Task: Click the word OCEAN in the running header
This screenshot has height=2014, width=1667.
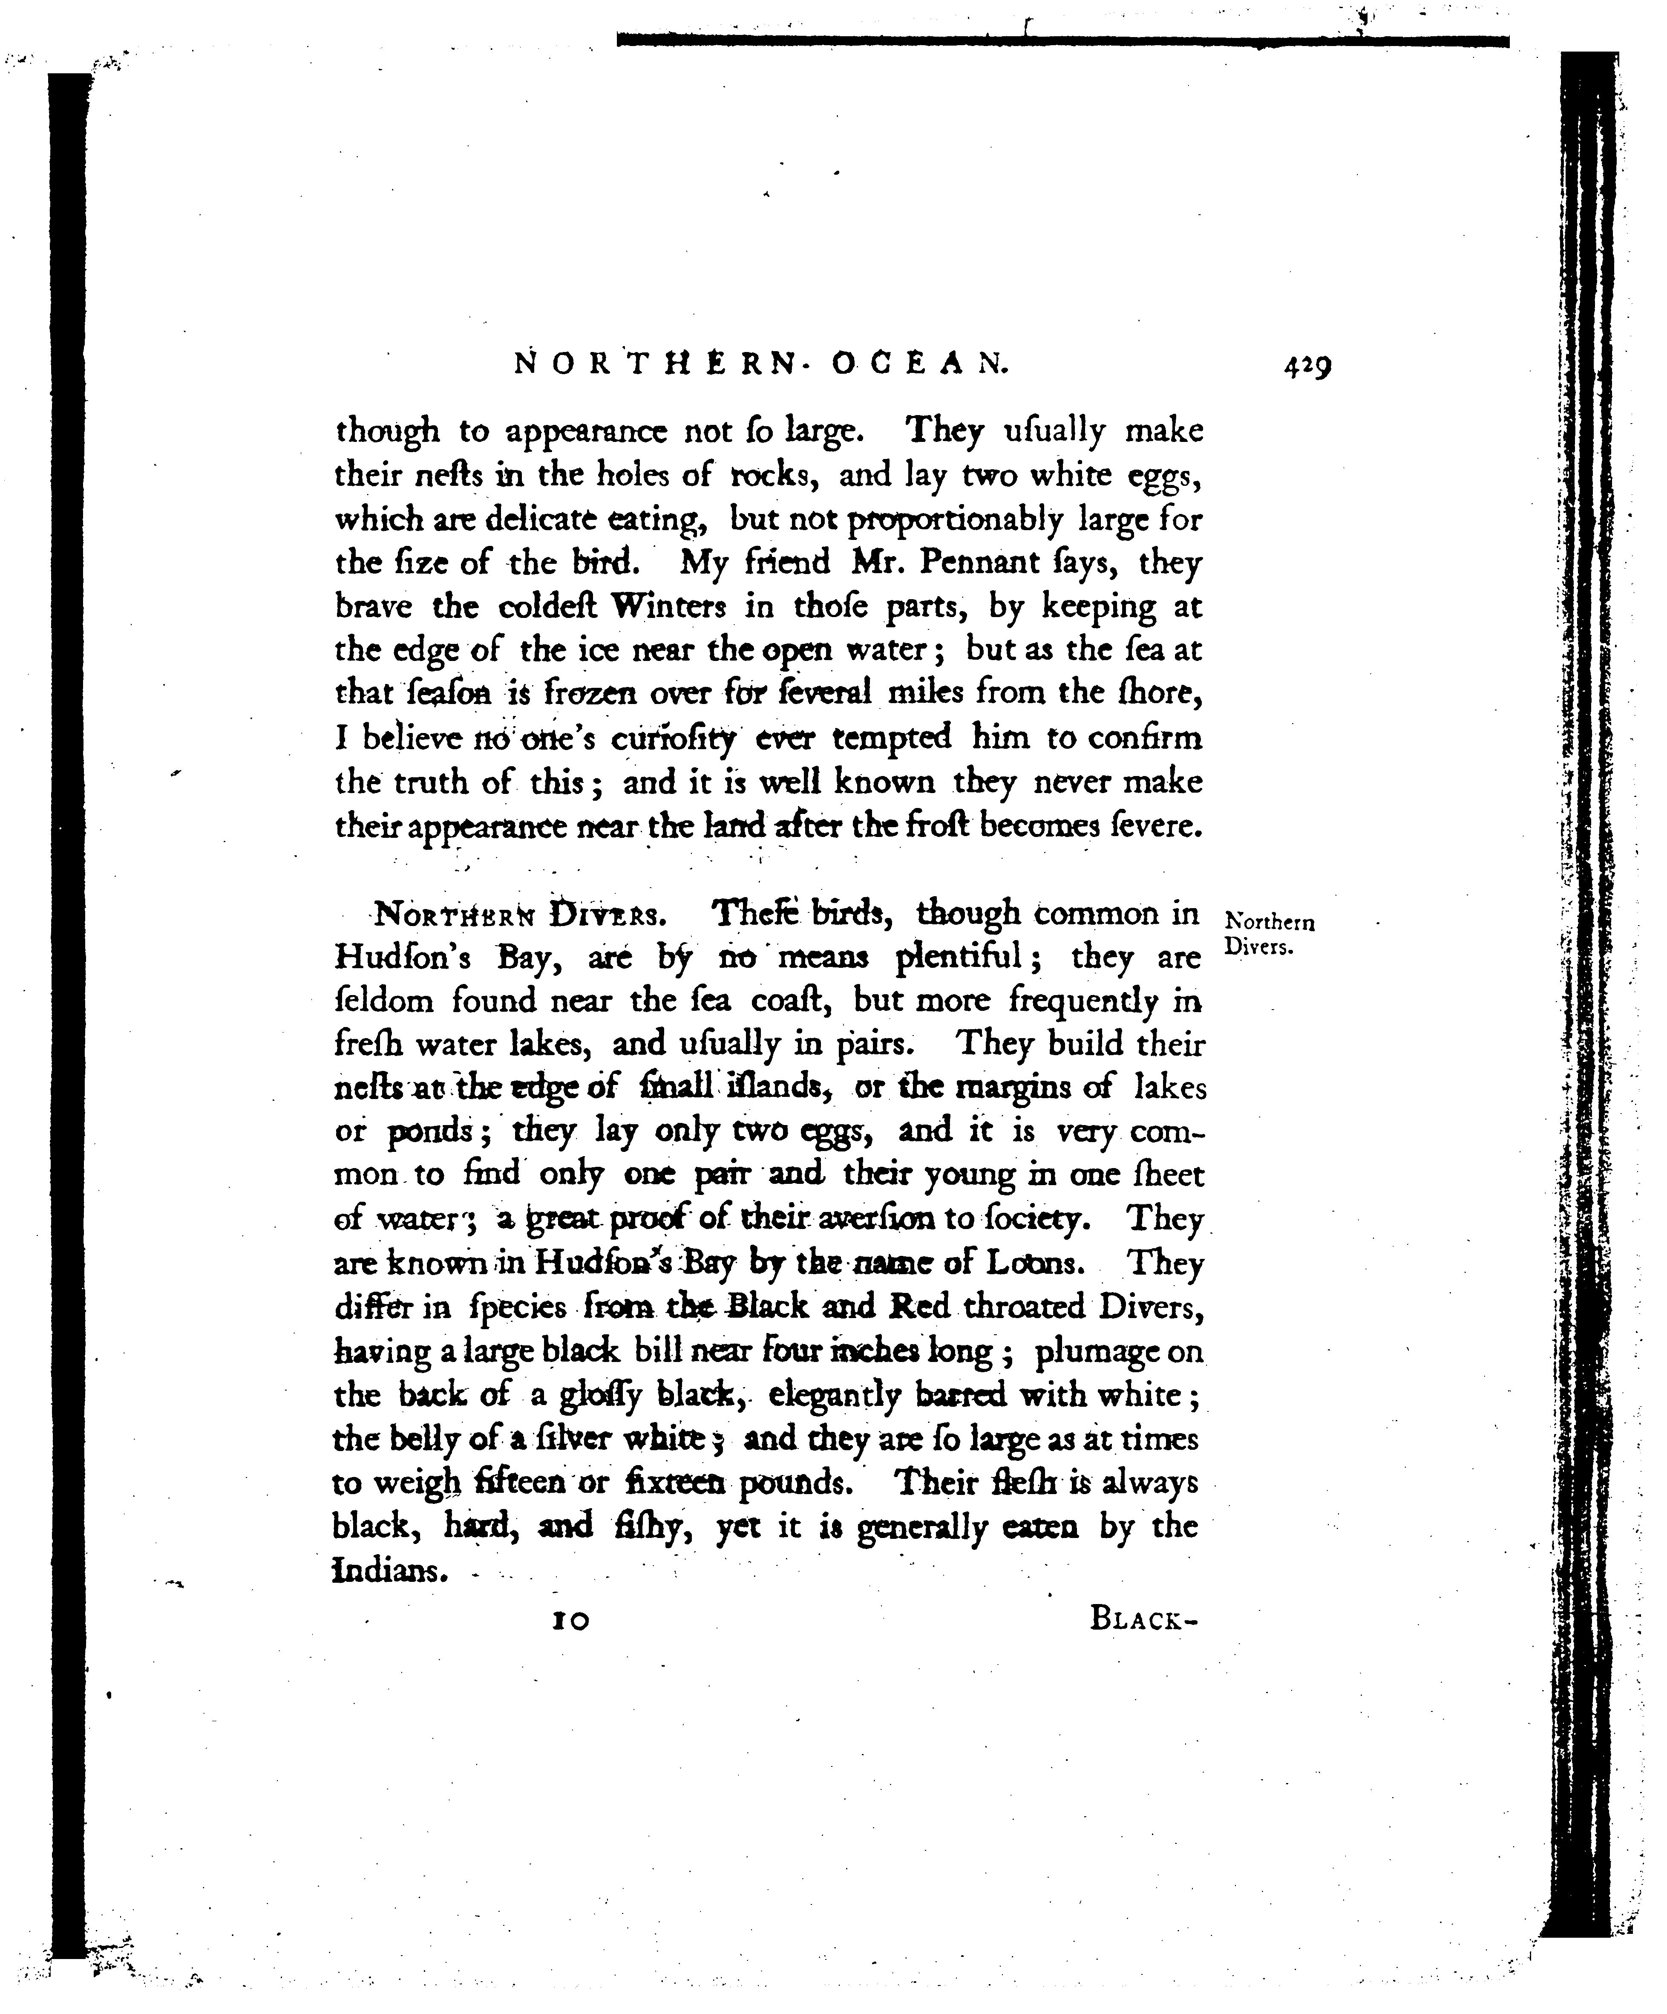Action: click(920, 363)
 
